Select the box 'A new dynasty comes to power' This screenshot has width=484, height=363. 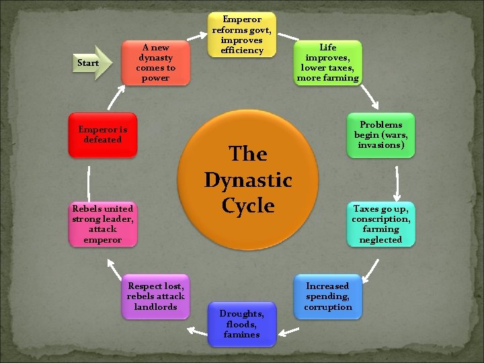[x=155, y=63]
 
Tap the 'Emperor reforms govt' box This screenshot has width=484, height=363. [x=241, y=34]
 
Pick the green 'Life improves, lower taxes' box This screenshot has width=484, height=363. [x=328, y=63]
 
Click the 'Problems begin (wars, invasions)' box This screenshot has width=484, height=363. [x=380, y=135]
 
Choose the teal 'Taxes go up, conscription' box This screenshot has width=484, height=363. [x=380, y=224]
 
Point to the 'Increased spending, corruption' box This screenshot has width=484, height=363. [x=328, y=296]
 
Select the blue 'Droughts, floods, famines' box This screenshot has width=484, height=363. [x=241, y=324]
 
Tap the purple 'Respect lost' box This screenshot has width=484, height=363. [x=155, y=296]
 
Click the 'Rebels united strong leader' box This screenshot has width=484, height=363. [x=103, y=224]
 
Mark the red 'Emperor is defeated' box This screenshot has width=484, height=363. [x=103, y=134]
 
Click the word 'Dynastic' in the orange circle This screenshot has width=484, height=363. [x=248, y=180]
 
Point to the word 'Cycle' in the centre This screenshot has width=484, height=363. [x=248, y=206]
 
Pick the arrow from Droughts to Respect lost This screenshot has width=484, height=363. [x=196, y=330]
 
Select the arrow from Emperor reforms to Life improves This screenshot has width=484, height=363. [x=288, y=36]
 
